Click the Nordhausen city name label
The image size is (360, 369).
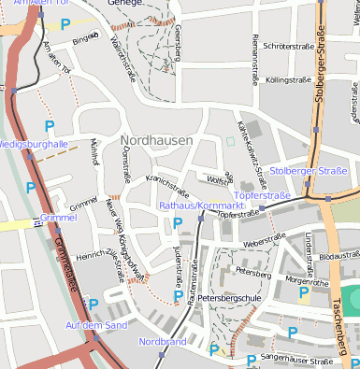click(x=156, y=140)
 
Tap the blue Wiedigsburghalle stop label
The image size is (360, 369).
click(x=34, y=145)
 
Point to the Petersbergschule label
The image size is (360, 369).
click(x=230, y=298)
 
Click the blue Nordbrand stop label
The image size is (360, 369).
click(x=163, y=342)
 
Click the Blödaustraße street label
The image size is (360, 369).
click(x=338, y=256)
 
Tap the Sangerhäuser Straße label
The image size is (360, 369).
click(x=297, y=360)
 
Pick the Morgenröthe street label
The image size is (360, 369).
click(x=308, y=279)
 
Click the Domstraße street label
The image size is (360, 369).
click(x=127, y=169)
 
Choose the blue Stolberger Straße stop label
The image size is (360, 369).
click(x=309, y=171)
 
